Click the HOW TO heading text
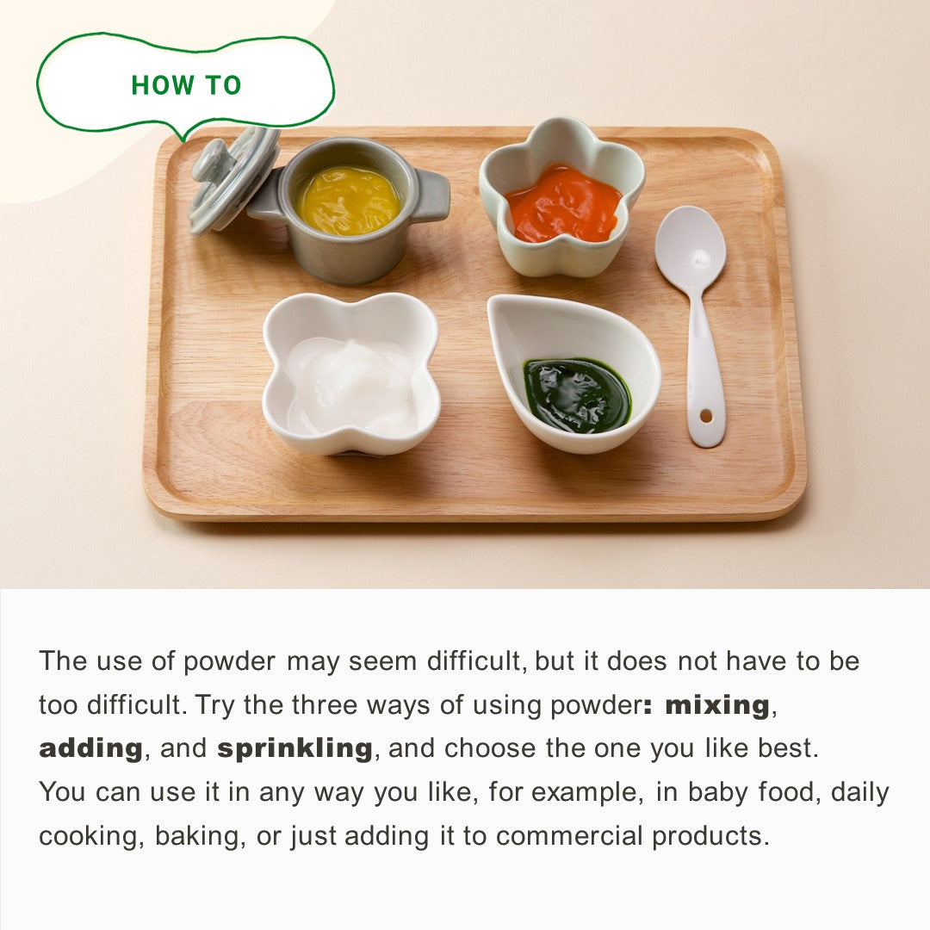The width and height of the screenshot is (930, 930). tap(186, 85)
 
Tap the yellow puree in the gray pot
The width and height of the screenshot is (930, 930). tap(349, 201)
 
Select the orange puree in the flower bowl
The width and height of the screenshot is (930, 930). tap(563, 203)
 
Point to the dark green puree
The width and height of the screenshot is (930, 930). tap(576, 395)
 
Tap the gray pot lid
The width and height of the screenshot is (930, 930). tap(233, 180)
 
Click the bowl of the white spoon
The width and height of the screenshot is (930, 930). tap(691, 249)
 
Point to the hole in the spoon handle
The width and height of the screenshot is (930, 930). tap(706, 416)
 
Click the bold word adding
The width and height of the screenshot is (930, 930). tap(90, 748)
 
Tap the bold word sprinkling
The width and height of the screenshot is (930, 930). tap(294, 748)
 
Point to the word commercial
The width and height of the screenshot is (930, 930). tap(569, 835)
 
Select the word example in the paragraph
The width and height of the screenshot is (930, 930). tap(586, 793)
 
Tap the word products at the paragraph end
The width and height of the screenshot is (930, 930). tap(710, 836)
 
